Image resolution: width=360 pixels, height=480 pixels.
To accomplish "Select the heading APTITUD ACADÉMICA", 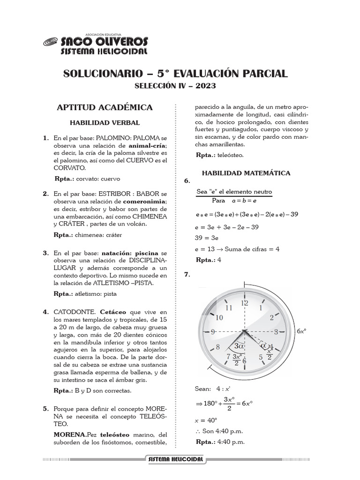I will point(105,108).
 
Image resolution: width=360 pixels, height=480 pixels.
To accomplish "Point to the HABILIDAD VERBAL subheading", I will point(105,123).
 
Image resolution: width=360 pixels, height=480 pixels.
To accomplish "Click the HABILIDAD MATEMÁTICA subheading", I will point(246,173).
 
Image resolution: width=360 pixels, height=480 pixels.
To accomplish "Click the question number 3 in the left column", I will point(45,253).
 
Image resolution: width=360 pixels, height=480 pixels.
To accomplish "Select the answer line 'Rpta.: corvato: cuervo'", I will point(87,179).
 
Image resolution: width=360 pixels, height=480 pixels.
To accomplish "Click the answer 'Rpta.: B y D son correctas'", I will point(92,390).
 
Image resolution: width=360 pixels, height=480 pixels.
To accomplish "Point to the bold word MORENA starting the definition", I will point(68,434).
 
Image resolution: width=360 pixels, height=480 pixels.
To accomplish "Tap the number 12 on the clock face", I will point(244,303).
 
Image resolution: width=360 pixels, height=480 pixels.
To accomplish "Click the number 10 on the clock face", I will point(219,317).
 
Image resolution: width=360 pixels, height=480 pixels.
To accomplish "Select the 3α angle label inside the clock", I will point(239,346).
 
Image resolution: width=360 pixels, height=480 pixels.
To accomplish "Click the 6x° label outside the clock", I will point(301,330).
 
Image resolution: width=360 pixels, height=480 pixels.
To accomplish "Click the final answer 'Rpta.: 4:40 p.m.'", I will point(220,442).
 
